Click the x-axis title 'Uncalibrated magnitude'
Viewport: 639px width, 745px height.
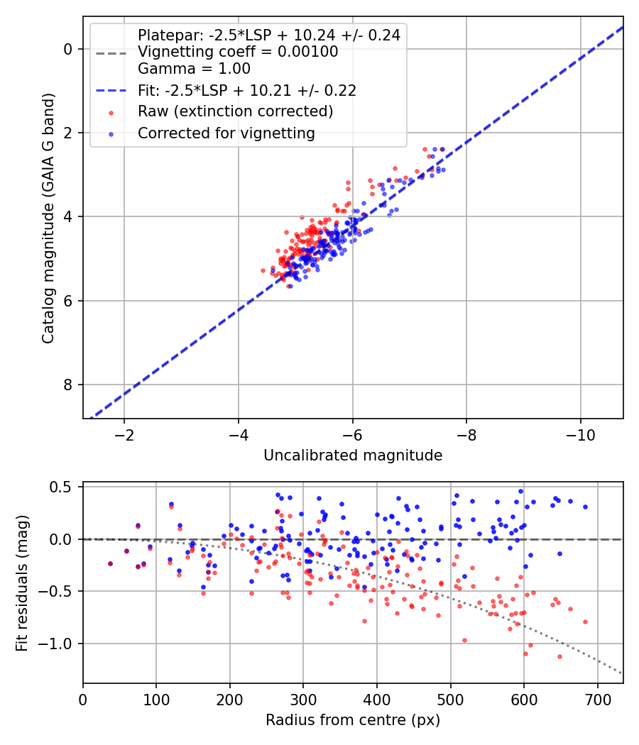pyautogui.click(x=353, y=456)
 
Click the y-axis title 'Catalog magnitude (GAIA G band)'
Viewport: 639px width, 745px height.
pyautogui.click(x=48, y=218)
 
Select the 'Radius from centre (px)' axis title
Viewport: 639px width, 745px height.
pyautogui.click(x=353, y=720)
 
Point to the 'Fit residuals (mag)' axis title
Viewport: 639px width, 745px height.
pyautogui.click(x=22, y=583)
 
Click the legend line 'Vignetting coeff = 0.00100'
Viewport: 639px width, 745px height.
pyautogui.click(x=238, y=51)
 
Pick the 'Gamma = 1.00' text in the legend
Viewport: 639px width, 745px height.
pyautogui.click(x=194, y=68)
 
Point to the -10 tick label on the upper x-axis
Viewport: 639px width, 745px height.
pyautogui.click(x=580, y=435)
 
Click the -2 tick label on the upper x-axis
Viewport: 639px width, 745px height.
pyautogui.click(x=124, y=435)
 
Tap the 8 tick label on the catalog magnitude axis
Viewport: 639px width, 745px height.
pyautogui.click(x=68, y=385)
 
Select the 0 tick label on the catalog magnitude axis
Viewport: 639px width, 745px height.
pyautogui.click(x=68, y=49)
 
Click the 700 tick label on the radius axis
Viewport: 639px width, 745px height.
pyautogui.click(x=597, y=700)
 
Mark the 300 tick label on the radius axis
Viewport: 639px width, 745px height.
pyautogui.click(x=303, y=700)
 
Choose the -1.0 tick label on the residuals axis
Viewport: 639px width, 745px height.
pyautogui.click(x=55, y=644)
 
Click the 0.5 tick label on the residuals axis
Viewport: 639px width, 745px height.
pyautogui.click(x=60, y=487)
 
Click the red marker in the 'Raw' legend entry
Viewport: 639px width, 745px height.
pyautogui.click(x=111, y=113)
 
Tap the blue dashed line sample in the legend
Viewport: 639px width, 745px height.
pyautogui.click(x=111, y=90)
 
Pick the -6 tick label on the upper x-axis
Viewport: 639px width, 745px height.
pyautogui.click(x=352, y=435)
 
